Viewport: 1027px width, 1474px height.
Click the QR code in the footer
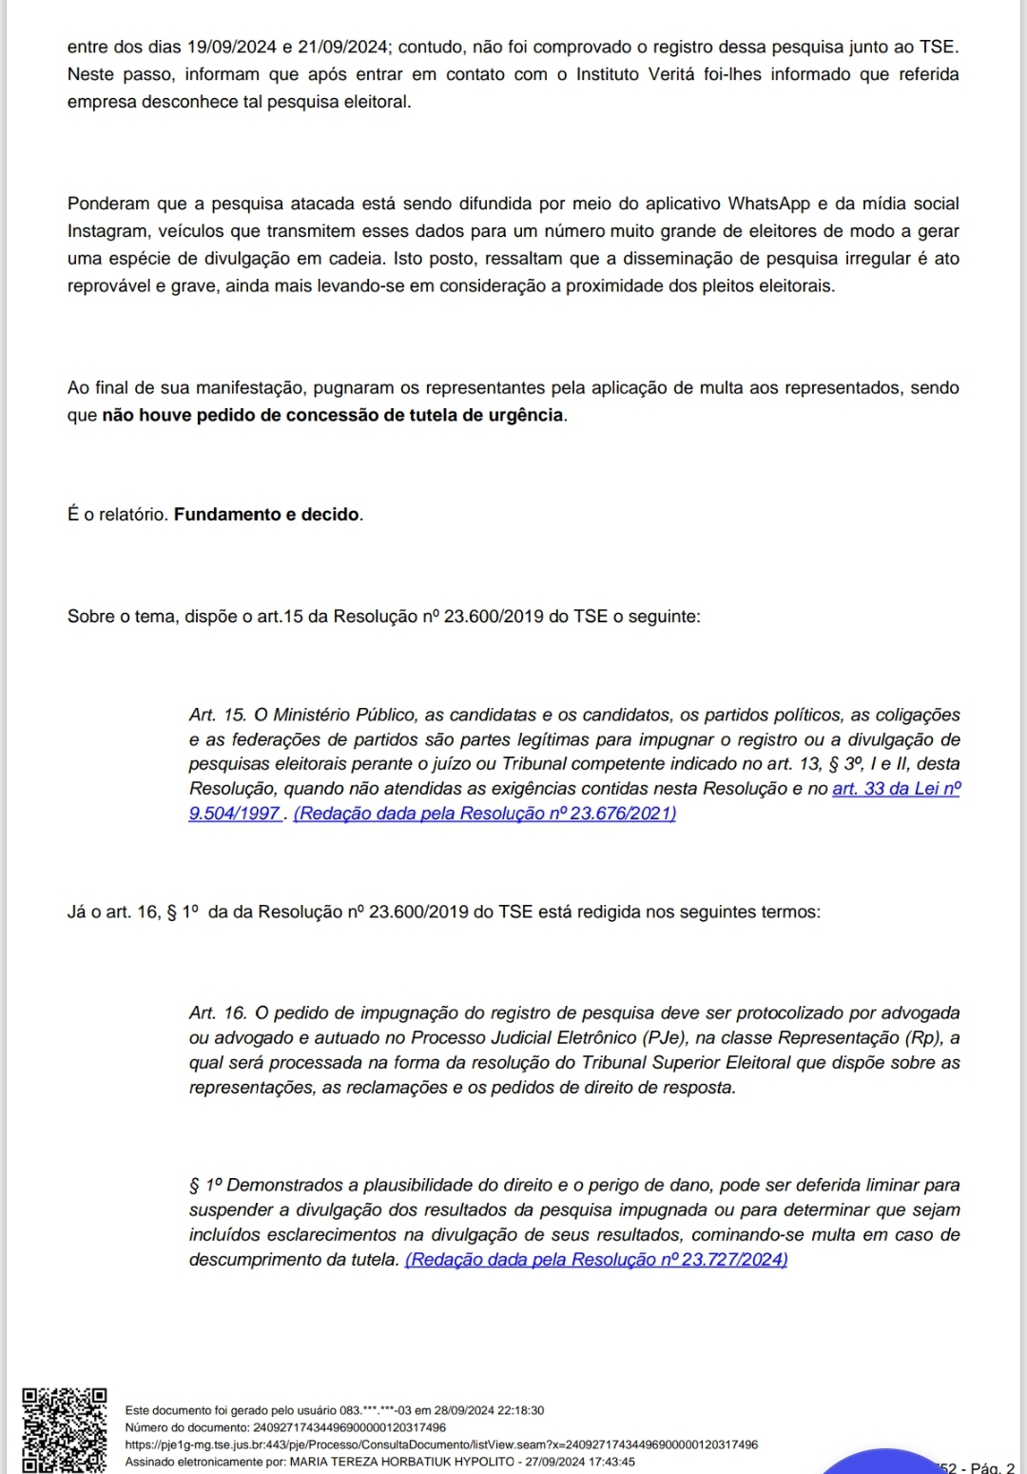tap(65, 1429)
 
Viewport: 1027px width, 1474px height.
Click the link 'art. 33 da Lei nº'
tap(896, 789)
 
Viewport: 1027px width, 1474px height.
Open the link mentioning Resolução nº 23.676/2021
tap(485, 814)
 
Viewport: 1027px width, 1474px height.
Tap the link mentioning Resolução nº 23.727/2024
tap(596, 1260)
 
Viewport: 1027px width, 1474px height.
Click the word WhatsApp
tap(768, 204)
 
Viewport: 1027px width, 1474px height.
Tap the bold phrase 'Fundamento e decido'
tap(266, 515)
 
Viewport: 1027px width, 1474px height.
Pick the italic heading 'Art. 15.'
tap(218, 716)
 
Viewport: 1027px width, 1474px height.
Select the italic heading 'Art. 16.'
tap(218, 1013)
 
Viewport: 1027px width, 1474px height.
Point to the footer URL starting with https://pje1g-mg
tap(441, 1445)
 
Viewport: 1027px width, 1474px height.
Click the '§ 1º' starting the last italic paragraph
tap(205, 1186)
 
